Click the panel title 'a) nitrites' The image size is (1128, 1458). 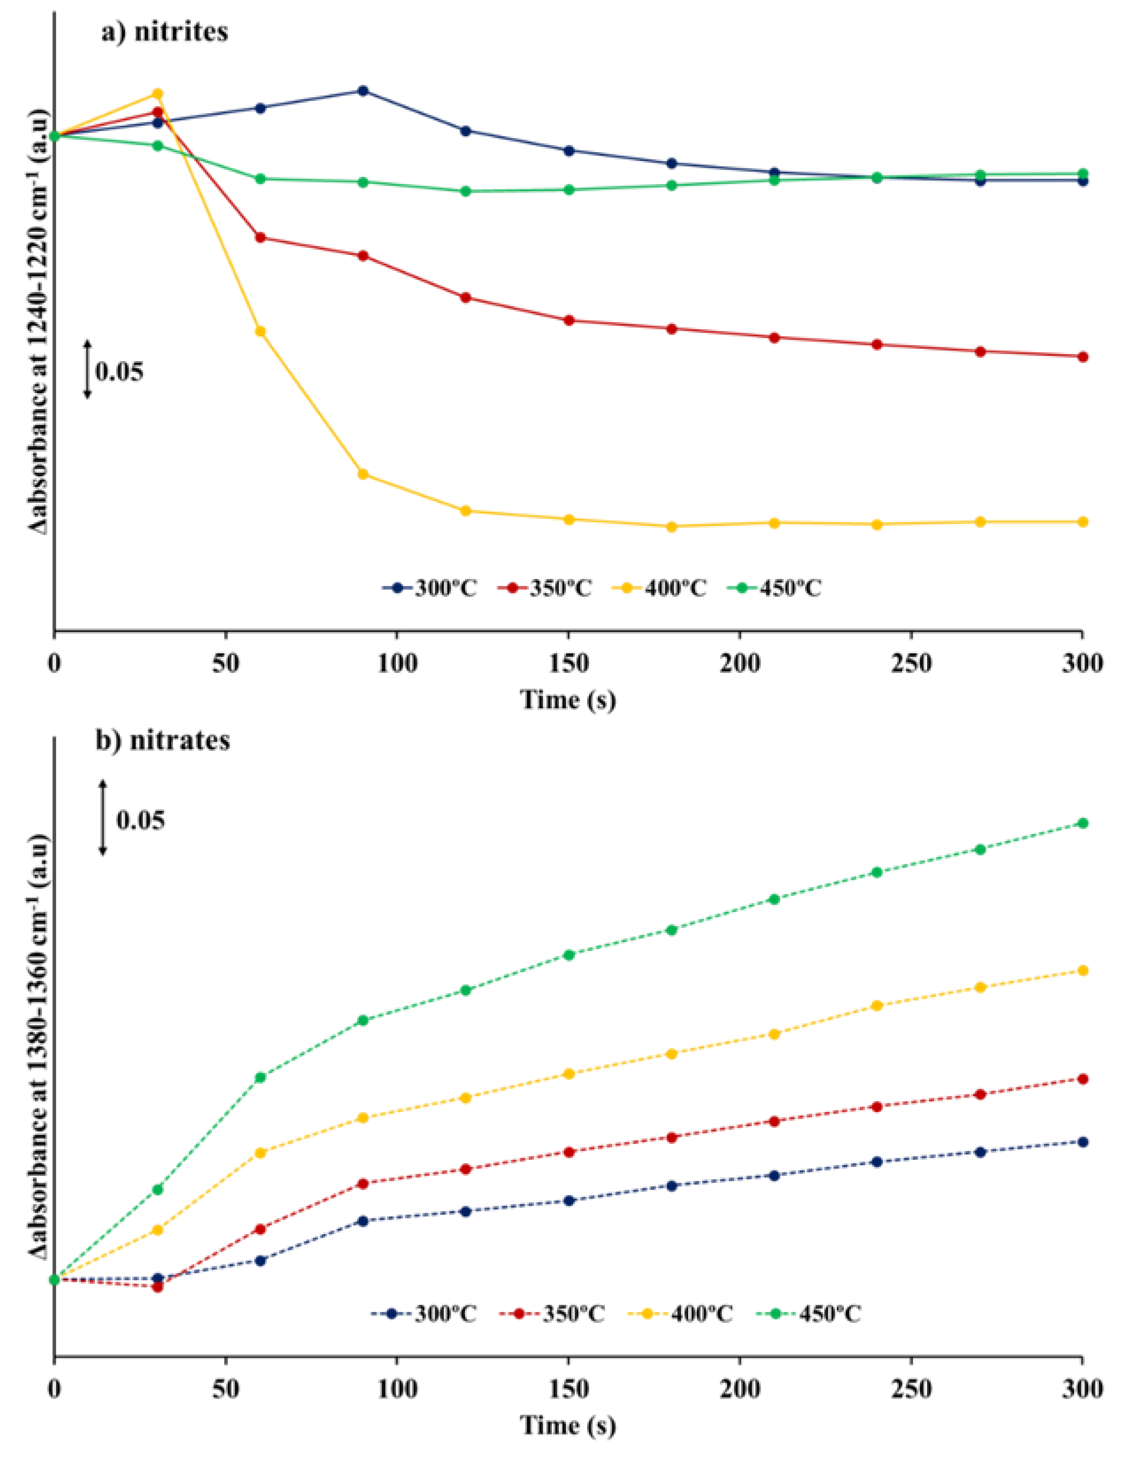coord(164,31)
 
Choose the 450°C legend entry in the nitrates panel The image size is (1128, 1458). coord(808,1314)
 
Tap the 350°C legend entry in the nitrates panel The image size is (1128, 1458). coord(551,1314)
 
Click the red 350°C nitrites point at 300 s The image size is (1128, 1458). coord(1082,356)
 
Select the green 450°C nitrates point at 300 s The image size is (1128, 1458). coord(1082,823)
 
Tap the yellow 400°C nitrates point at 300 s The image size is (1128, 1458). coord(1082,970)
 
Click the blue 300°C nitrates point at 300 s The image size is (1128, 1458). coord(1082,1142)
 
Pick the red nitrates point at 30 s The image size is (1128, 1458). coord(158,1286)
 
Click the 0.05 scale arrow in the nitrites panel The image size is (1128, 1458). coord(87,369)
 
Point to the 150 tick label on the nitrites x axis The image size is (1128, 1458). coord(568,664)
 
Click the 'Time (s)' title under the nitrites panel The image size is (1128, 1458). coord(568,700)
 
